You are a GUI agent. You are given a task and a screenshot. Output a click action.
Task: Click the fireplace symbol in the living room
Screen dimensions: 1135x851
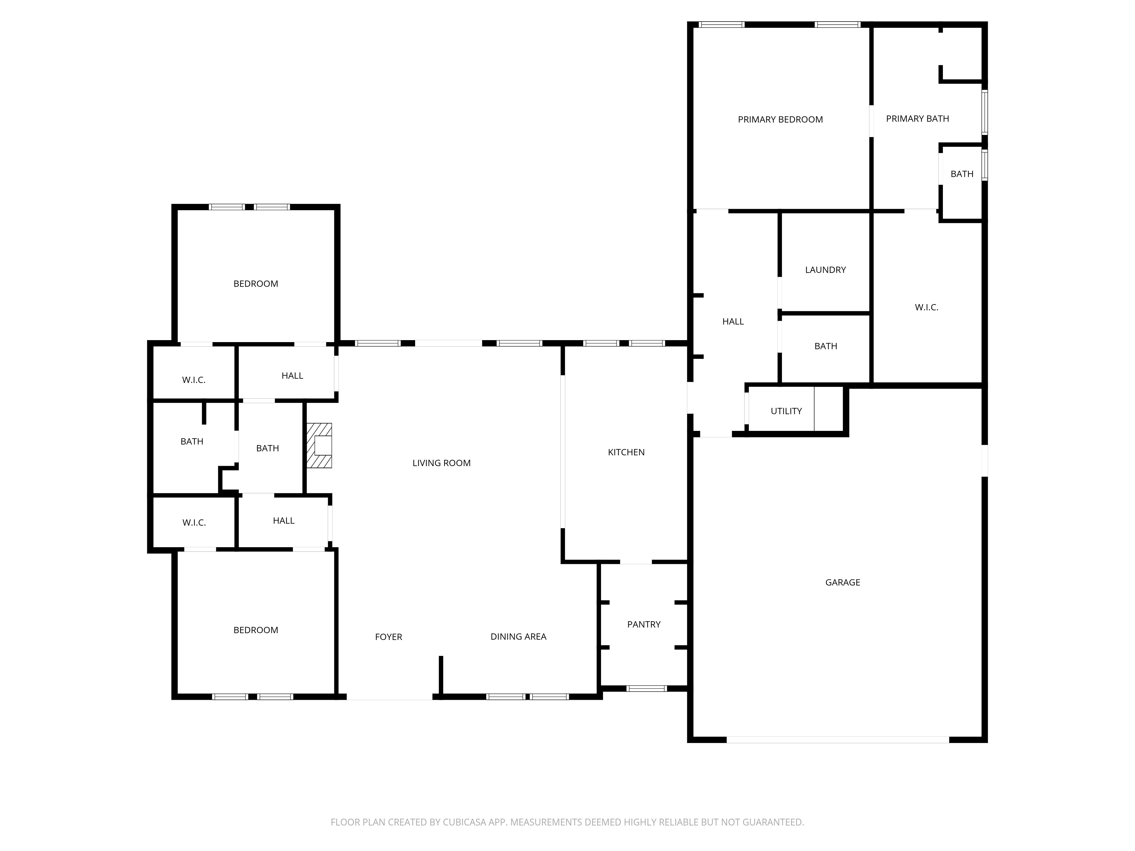click(x=319, y=445)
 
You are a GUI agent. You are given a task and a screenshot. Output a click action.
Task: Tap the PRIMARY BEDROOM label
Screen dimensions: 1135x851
click(x=780, y=119)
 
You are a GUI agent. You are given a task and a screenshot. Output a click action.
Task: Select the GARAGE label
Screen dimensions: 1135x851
click(x=842, y=582)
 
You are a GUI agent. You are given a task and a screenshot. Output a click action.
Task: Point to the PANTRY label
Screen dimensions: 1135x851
click(x=644, y=624)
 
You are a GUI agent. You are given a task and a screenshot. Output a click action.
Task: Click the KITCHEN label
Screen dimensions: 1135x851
click(x=626, y=452)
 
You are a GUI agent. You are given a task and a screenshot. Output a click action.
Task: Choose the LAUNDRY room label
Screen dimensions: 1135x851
click(x=825, y=270)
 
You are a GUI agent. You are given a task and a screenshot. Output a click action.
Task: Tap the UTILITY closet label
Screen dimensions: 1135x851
click(x=786, y=411)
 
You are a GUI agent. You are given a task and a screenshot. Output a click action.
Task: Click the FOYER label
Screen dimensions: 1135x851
click(x=388, y=637)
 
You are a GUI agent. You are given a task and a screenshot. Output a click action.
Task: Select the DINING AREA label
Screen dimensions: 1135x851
click(x=518, y=637)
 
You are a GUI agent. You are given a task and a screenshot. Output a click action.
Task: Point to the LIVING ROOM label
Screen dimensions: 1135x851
click(x=441, y=463)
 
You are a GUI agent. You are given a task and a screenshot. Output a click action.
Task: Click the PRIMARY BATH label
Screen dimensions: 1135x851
click(x=917, y=119)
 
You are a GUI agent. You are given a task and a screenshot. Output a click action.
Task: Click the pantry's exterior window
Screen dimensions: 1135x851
click(x=646, y=688)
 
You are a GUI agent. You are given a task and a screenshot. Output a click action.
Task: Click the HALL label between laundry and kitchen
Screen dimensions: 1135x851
click(x=733, y=322)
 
